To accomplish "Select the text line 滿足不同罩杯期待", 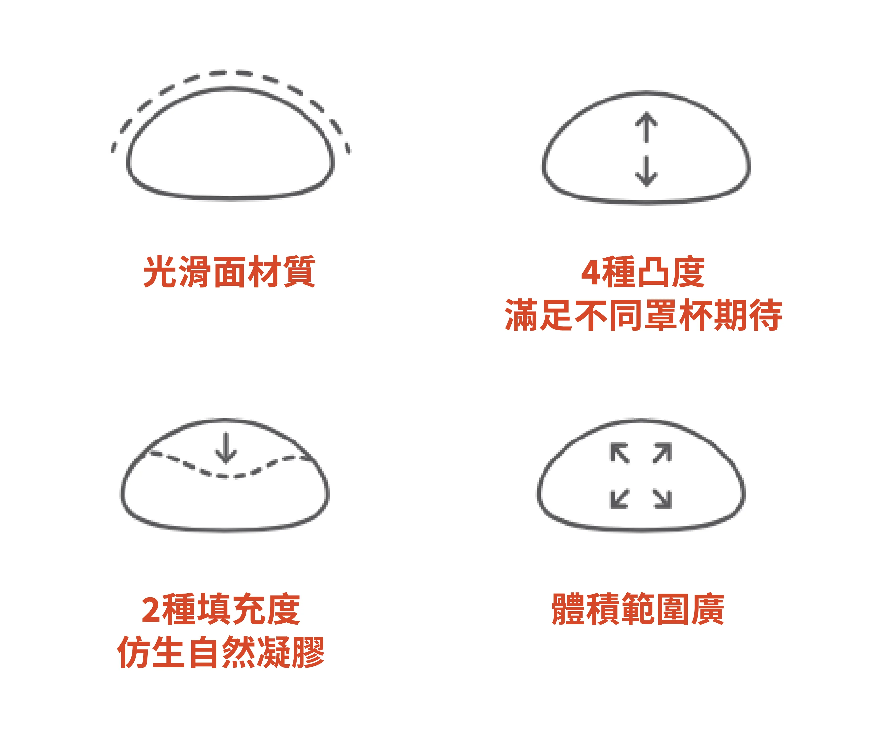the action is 643,315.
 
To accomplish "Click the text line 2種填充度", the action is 221,609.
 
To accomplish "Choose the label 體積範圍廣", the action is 638,609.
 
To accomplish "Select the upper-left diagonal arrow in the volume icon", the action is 619,453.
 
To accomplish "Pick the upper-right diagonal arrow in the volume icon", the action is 662,453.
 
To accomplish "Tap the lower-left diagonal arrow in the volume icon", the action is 619,498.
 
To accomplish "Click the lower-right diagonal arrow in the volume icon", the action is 662,498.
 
